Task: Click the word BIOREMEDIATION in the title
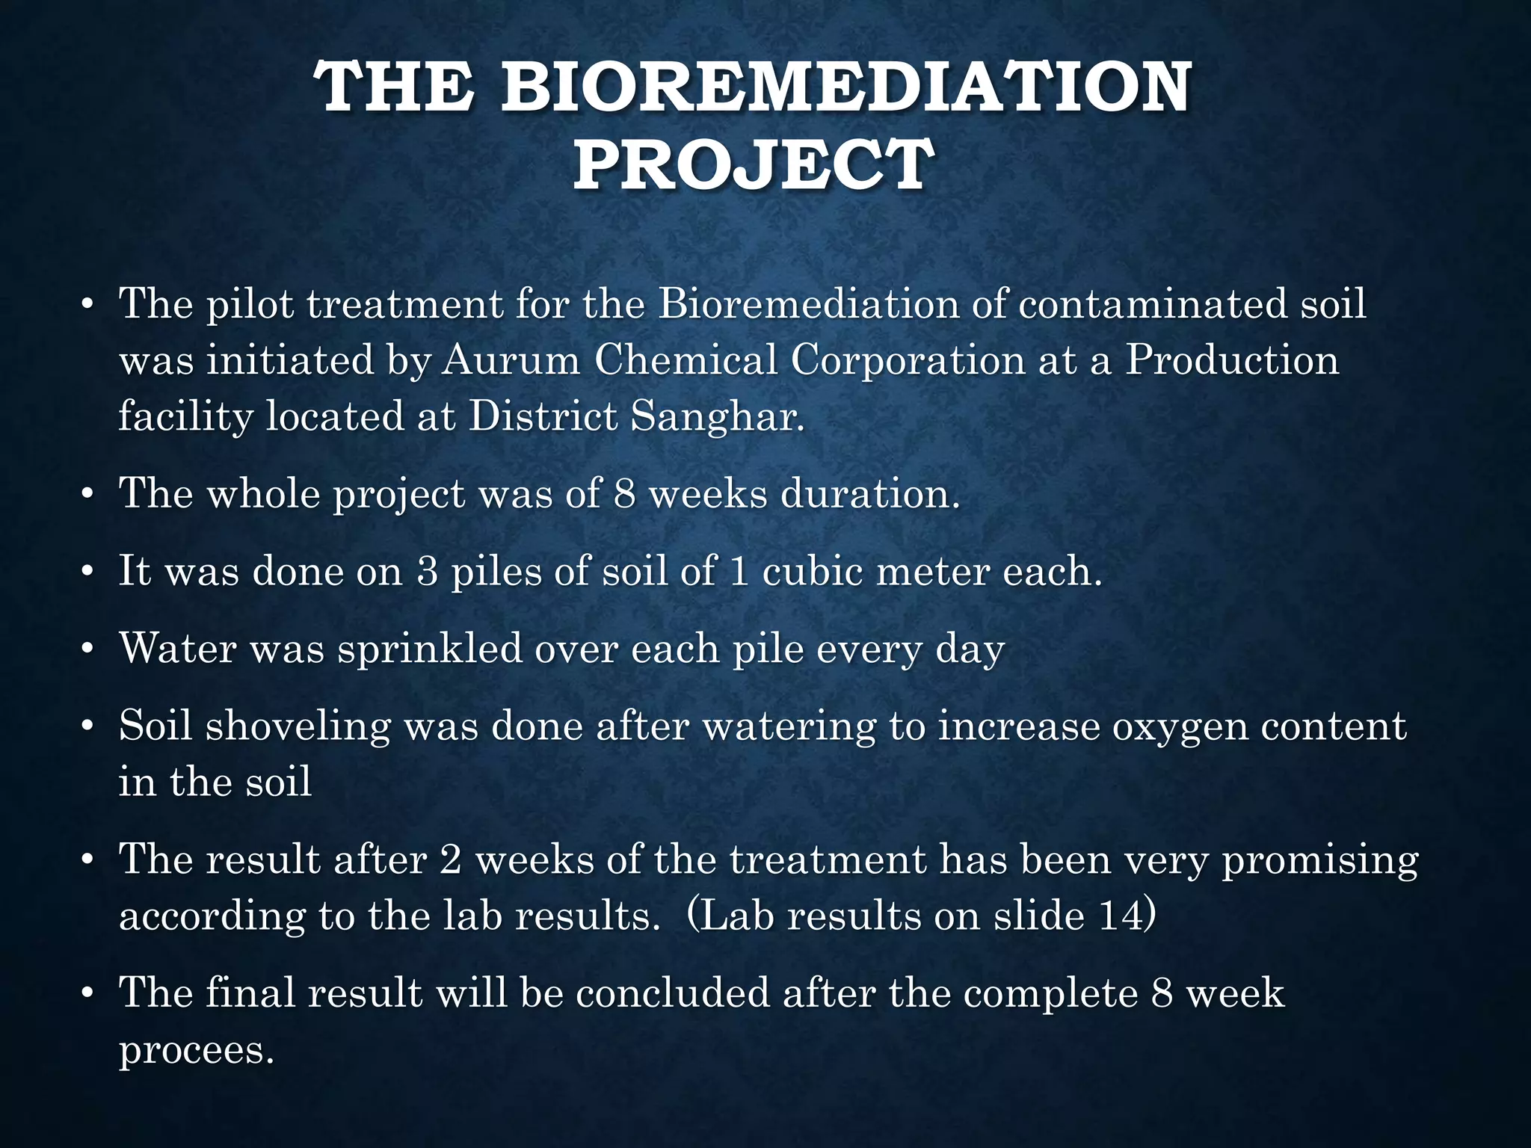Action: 845,87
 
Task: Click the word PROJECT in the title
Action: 754,165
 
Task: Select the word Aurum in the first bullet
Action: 511,360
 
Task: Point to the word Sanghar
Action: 717,416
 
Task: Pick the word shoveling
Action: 298,726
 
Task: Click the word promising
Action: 1319,860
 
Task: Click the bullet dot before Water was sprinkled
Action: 87,649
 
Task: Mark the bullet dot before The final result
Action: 87,995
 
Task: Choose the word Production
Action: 1232,360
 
